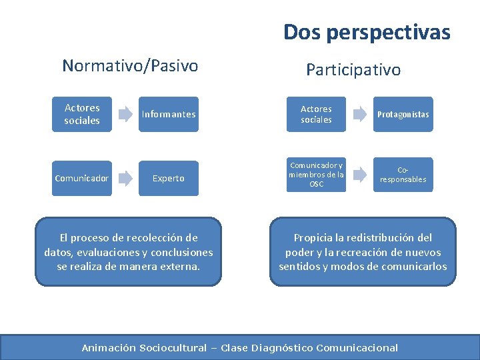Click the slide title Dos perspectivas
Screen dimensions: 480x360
point(367,32)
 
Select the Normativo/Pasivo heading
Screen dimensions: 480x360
point(130,65)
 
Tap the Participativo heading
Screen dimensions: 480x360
point(353,69)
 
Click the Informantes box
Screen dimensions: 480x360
point(169,114)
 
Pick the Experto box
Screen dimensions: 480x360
point(169,178)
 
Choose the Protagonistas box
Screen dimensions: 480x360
point(403,114)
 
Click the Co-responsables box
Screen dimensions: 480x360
point(403,175)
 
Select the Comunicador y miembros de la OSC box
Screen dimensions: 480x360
point(316,175)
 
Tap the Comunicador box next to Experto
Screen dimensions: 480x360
point(82,178)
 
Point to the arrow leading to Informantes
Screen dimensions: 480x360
point(125,114)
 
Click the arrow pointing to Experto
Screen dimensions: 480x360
point(125,178)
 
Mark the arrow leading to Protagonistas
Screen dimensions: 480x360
point(360,114)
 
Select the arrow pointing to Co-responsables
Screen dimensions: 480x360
point(360,175)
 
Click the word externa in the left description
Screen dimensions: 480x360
point(180,267)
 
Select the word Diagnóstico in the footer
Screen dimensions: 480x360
point(281,347)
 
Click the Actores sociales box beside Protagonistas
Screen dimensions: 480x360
point(316,114)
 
